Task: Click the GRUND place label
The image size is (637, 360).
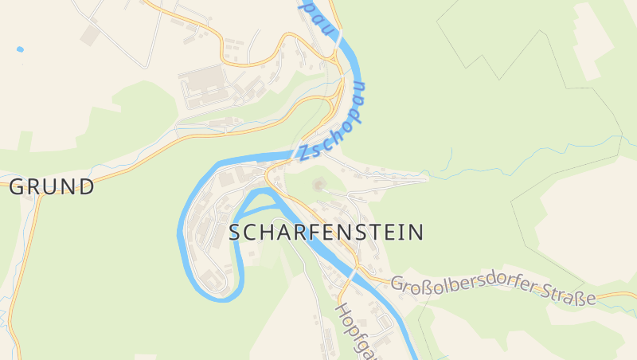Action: coord(52,187)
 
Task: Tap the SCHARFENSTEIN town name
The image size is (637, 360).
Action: coord(326,233)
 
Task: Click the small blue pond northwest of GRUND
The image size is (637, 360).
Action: coord(20,49)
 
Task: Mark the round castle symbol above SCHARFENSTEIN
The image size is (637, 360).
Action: coord(319,186)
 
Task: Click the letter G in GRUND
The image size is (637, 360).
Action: coord(18,187)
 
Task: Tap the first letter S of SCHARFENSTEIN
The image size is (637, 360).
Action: coord(235,233)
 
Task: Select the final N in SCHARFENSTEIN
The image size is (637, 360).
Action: coord(416,233)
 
